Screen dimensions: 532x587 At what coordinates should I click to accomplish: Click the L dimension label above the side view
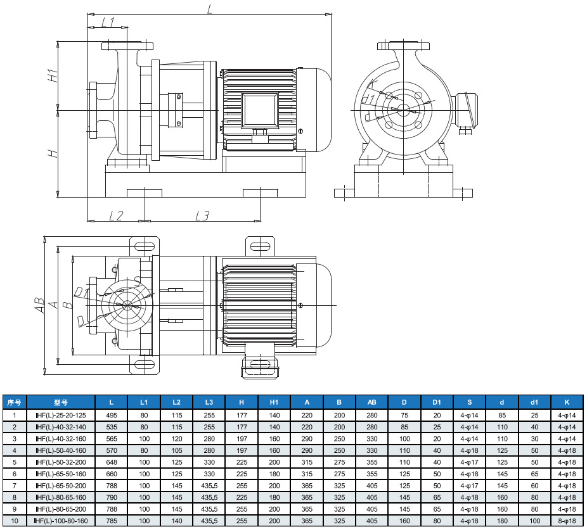(209, 8)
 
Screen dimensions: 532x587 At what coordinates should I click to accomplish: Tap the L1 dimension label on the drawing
(107, 22)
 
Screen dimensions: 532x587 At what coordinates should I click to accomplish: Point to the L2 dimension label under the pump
(115, 215)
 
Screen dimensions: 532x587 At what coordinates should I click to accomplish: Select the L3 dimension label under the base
(202, 215)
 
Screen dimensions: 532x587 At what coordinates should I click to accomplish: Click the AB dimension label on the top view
(39, 305)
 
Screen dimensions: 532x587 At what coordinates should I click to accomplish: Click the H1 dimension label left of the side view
(54, 75)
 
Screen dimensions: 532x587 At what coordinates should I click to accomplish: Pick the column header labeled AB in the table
(371, 402)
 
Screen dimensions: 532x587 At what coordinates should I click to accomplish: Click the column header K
(567, 402)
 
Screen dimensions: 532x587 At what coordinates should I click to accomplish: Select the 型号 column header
(60, 402)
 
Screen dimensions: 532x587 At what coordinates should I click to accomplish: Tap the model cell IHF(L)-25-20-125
(60, 414)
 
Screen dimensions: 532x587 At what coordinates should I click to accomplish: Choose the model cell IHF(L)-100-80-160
(60, 521)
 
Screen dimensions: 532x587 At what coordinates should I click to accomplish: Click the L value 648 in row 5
(112, 461)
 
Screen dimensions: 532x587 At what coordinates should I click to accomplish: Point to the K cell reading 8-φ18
(567, 521)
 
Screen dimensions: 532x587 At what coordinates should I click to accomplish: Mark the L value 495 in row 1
(112, 414)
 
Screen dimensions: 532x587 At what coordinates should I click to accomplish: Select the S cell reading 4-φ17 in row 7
(470, 485)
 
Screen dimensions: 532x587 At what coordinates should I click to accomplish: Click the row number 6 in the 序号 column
(14, 473)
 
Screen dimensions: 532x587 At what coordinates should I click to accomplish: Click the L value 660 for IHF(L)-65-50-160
(112, 473)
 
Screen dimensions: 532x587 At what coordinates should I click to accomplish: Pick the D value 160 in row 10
(404, 521)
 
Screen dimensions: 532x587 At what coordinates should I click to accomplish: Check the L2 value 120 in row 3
(177, 438)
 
